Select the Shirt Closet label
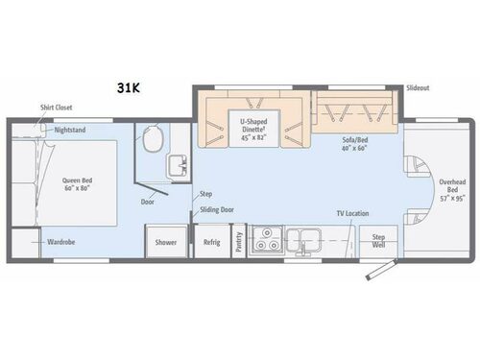tap(55, 108)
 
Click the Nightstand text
tap(71, 129)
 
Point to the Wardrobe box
tap(60, 243)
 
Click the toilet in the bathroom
tap(151, 139)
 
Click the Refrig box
tap(211, 242)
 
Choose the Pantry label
tap(238, 242)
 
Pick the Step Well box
tap(378, 240)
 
